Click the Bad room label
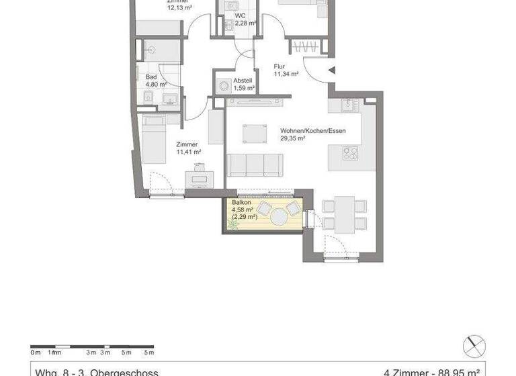151,77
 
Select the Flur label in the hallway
279,66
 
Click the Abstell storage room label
243,80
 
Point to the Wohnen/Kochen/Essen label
312,131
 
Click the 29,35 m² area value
293,139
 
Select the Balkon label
242,202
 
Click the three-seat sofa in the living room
254,164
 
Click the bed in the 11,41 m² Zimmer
154,139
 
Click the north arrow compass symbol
474,346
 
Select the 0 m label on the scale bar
36,352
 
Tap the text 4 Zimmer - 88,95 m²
431,371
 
